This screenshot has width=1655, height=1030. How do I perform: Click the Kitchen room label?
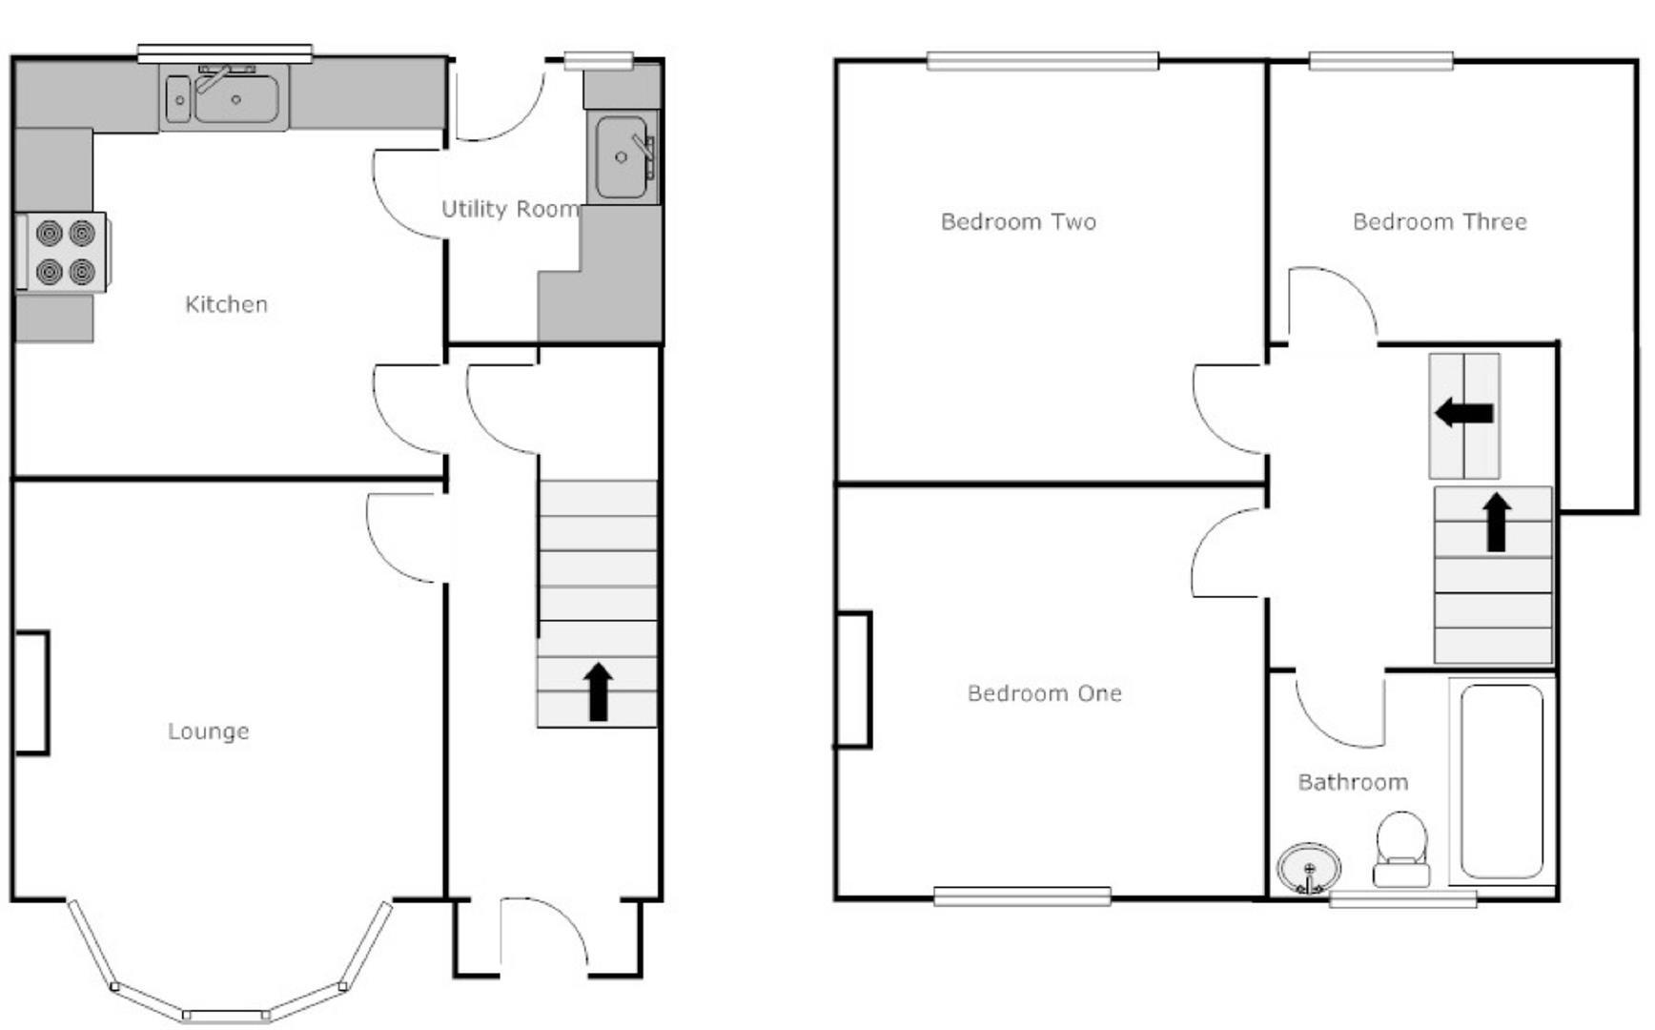pos(226,304)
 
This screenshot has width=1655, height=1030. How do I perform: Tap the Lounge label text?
pos(209,731)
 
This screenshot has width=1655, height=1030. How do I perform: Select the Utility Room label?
pos(510,209)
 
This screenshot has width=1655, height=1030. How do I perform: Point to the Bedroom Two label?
pos(1018,222)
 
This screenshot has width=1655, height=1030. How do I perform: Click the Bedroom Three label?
pos(1440,222)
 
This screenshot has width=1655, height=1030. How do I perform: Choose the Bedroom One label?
pos(1044,693)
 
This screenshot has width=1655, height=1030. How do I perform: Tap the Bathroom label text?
pos(1353,782)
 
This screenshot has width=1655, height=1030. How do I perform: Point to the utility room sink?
pos(623,157)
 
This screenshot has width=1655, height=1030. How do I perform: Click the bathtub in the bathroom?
pos(1502,781)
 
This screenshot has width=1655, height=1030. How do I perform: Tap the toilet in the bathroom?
pos(1401,849)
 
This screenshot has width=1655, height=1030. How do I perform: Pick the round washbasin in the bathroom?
pos(1309,869)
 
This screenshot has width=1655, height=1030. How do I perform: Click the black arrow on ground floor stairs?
pos(598,691)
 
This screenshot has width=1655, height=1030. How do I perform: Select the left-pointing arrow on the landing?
pos(1464,414)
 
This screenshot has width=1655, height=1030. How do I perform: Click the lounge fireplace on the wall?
pos(32,693)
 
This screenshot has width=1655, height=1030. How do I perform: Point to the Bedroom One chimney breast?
pos(854,680)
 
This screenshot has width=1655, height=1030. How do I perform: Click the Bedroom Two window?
pos(1043,61)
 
